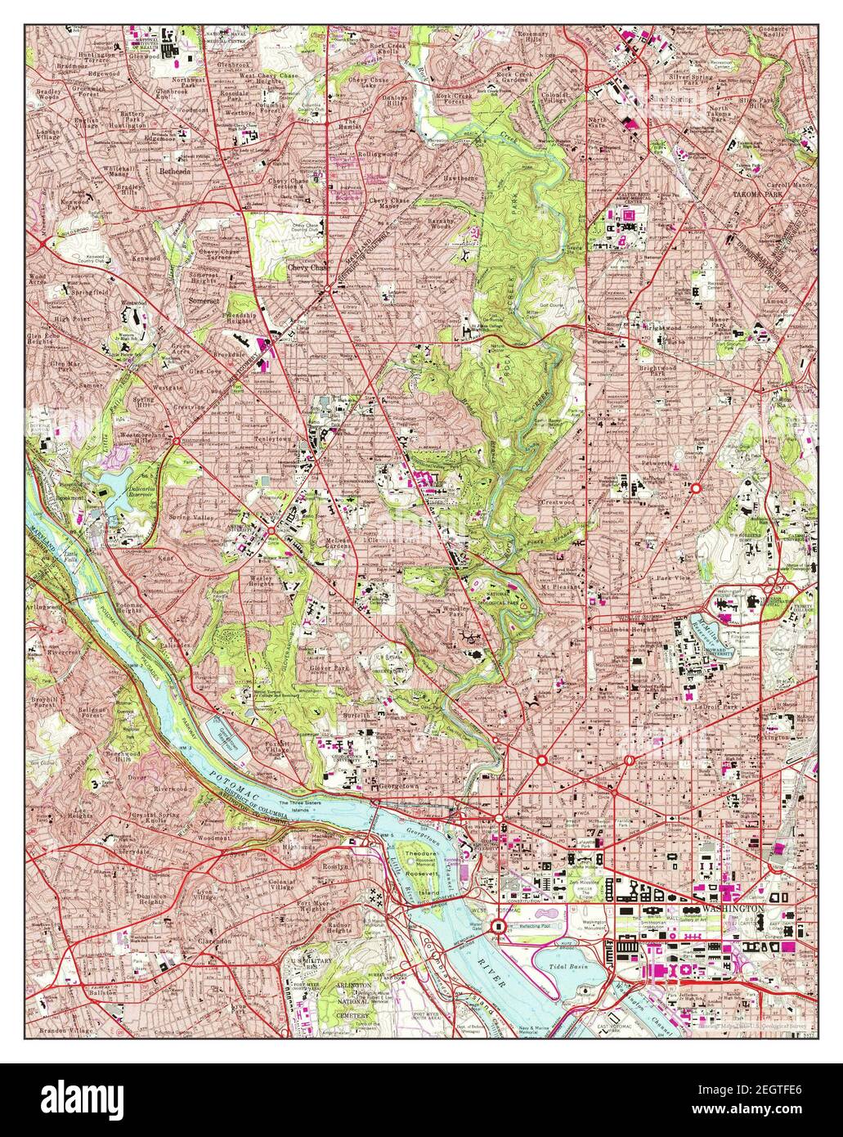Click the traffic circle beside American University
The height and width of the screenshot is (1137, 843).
(x=272, y=533)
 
